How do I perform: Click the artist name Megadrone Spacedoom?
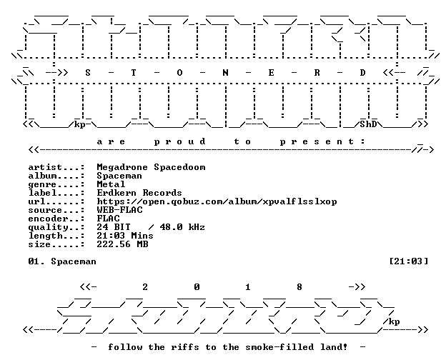point(151,167)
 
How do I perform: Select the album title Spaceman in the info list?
point(119,176)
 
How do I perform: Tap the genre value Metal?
point(111,184)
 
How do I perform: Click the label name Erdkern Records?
point(139,193)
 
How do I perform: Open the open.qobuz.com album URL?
point(217,201)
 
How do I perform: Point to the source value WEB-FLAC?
point(119,210)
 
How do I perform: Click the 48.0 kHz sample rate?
point(182,227)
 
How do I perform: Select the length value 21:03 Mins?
point(125,236)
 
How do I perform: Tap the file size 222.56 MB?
point(122,244)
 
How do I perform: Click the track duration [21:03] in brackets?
point(408,261)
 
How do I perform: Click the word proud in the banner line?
point(179,141)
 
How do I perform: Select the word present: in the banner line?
point(322,141)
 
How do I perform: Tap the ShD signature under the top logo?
point(368,124)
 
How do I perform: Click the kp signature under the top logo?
point(79,125)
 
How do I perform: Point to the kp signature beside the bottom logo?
point(394,321)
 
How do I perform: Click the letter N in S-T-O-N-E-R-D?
point(225,73)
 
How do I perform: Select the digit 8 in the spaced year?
point(299,287)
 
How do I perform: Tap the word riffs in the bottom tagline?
point(185,347)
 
